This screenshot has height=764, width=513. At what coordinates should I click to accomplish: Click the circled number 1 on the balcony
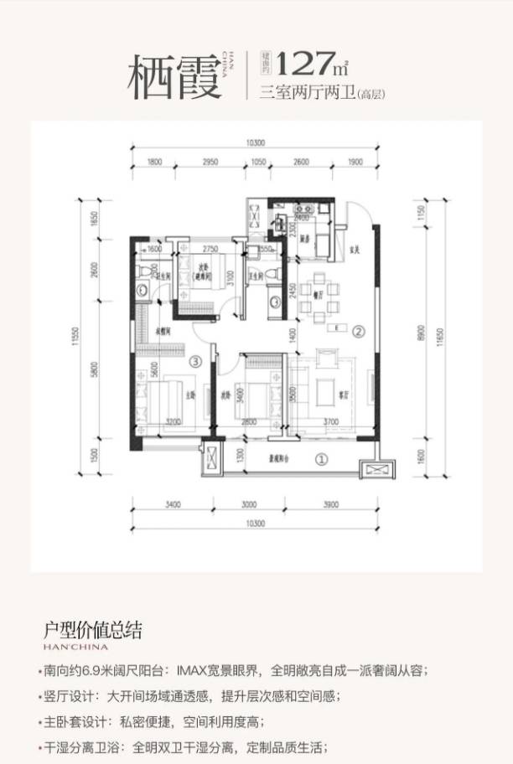(321, 459)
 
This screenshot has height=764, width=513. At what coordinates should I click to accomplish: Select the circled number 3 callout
(194, 362)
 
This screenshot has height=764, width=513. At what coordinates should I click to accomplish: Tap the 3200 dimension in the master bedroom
(174, 422)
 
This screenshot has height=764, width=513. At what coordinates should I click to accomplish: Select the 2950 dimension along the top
(210, 162)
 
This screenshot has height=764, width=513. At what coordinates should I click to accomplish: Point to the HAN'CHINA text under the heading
(75, 647)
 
